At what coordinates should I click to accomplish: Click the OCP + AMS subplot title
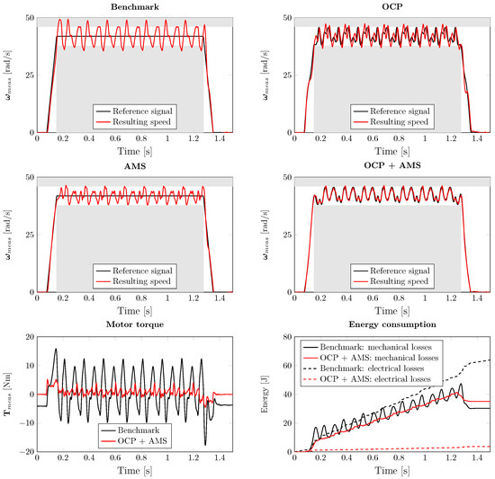(391, 166)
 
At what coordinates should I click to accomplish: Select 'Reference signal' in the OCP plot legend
(400, 111)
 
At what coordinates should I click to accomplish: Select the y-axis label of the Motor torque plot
(11, 394)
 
